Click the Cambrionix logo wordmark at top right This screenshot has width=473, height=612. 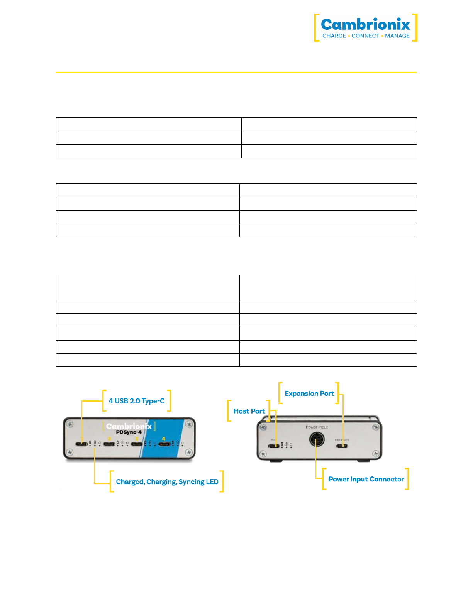coord(365,24)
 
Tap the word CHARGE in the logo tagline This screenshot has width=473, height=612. coord(334,36)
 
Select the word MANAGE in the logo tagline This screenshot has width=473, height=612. coord(397,36)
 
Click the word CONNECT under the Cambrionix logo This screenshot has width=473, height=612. coord(365,36)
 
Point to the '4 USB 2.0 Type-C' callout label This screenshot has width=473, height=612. coord(136,401)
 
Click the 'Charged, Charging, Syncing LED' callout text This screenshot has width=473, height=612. coord(167,481)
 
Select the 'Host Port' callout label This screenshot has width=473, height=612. coord(249,411)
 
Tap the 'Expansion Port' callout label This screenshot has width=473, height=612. coord(309,393)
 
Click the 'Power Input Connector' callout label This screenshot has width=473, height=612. coord(366,479)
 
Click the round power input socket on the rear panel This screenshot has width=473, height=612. coord(317,439)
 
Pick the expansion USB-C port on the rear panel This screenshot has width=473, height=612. coord(342,446)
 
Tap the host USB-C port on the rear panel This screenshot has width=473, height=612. coord(274,446)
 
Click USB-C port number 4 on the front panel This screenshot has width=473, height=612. coord(164,444)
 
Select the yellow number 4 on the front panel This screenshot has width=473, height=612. coord(164,439)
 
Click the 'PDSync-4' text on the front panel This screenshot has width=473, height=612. coord(129,432)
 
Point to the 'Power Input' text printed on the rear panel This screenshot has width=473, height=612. coord(317,427)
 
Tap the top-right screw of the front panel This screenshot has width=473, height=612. coord(189,424)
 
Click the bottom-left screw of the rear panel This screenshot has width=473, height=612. coord(263,454)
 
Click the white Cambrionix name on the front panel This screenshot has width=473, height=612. coord(129,426)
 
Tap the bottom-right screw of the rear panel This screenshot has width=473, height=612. coord(375,454)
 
